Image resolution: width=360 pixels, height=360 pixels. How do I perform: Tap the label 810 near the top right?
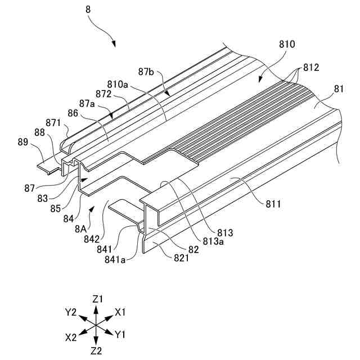[x=287, y=43]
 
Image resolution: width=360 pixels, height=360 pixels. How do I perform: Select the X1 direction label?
[x=120, y=311]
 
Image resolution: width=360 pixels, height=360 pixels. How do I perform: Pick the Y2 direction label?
[x=71, y=311]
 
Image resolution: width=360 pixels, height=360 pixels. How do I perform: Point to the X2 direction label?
[x=71, y=337]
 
